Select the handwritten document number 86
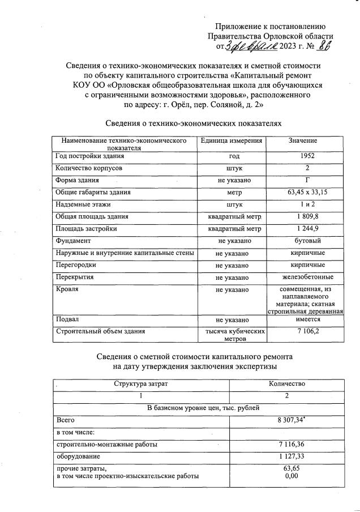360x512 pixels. click(x=324, y=46)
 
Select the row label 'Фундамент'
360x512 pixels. click(x=72, y=241)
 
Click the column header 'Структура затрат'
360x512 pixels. click(x=141, y=383)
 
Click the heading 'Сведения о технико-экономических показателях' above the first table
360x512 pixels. click(x=194, y=123)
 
